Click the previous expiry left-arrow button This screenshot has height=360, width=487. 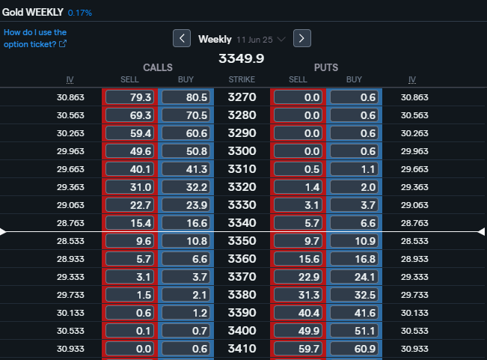(182, 38)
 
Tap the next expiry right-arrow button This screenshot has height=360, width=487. (302, 38)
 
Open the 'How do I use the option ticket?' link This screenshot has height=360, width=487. (35, 38)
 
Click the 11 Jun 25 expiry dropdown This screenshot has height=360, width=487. (261, 40)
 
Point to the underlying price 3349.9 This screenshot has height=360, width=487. (242, 58)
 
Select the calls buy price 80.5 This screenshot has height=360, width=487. (186, 97)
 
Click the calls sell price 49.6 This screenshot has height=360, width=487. (129, 151)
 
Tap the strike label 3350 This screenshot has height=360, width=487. (242, 241)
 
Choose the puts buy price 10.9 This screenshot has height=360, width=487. (354, 241)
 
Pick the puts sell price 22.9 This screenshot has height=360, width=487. (298, 277)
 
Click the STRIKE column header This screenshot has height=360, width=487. (242, 79)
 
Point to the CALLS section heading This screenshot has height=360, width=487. (158, 67)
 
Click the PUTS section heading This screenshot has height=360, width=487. (326, 67)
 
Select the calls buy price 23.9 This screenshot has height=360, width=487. (186, 205)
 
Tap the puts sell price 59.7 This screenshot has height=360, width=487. (298, 349)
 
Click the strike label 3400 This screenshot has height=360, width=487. (242, 331)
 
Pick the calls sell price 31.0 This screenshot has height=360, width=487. (129, 187)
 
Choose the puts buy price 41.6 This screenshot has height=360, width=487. (354, 313)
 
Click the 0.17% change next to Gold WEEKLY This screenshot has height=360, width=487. (80, 13)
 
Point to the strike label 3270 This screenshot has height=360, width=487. (242, 97)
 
